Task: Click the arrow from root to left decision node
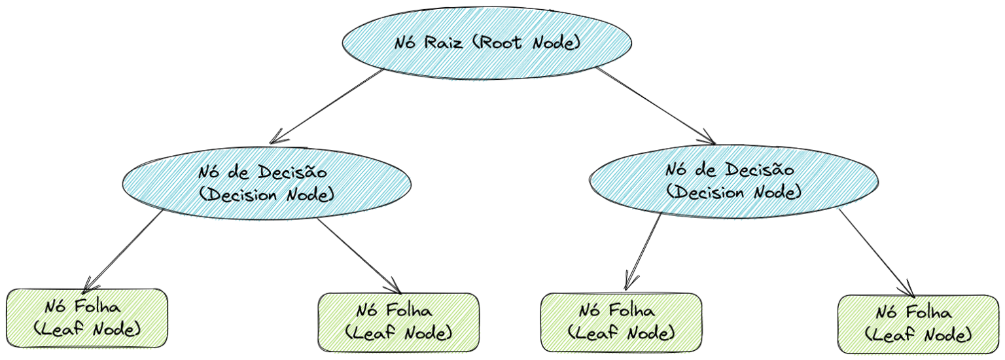[x=327, y=105]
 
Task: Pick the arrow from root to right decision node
[x=654, y=105]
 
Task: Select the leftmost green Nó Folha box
[x=87, y=317]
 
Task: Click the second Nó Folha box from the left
[x=398, y=322]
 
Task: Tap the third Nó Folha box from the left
[x=621, y=323]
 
